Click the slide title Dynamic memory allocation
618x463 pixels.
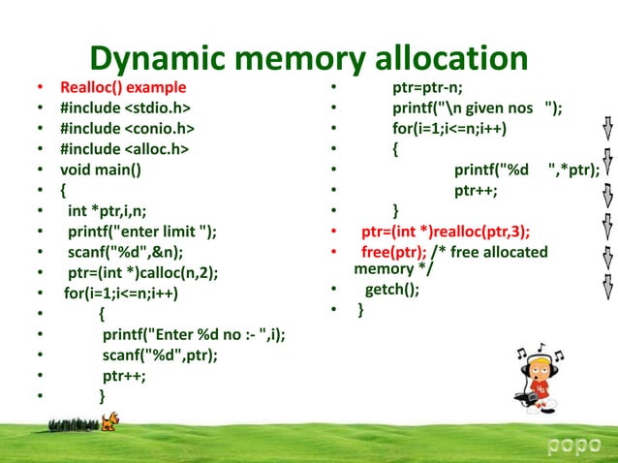pyautogui.click(x=309, y=59)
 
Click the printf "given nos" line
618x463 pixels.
pyautogui.click(x=476, y=108)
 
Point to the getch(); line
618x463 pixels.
pyautogui.click(x=392, y=290)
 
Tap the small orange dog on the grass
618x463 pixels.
pyautogui.click(x=113, y=420)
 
